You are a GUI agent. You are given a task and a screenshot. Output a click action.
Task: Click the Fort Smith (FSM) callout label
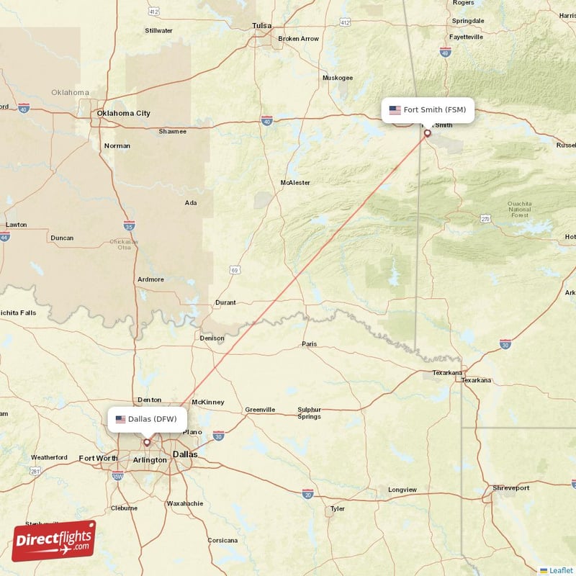428,110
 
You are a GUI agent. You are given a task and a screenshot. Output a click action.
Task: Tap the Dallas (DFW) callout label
148,419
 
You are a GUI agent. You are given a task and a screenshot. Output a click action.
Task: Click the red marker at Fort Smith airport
427,132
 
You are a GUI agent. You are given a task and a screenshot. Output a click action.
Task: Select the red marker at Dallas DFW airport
147,442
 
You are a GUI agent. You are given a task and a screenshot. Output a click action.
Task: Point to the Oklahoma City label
124,113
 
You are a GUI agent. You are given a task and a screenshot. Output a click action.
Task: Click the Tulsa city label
261,26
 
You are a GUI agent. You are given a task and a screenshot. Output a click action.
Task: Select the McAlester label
295,183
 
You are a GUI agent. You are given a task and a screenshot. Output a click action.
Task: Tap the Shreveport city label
510,488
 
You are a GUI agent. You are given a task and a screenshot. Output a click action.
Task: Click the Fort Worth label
98,458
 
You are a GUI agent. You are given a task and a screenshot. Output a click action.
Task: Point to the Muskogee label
338,78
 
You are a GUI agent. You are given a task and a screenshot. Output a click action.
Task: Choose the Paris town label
309,344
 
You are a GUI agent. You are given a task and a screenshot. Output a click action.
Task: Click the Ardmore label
150,279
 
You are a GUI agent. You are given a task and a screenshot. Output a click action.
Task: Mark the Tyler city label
337,509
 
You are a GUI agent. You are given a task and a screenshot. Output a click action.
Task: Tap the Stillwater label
158,31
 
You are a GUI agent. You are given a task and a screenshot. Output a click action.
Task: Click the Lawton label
16,225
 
